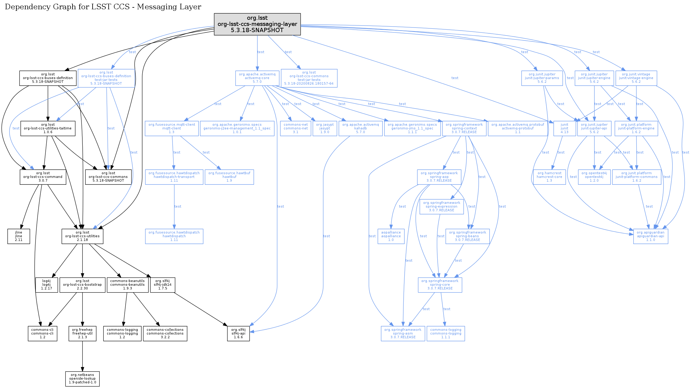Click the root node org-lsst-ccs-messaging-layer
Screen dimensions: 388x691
coord(257,24)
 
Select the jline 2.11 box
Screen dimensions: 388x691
coord(19,236)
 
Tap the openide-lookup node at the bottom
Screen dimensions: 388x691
coord(82,379)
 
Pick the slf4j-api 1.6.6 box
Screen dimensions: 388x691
coord(238,334)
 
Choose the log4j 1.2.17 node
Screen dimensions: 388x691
coord(46,285)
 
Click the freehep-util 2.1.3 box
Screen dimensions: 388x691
coord(82,334)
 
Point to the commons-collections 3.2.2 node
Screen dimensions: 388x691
coord(165,334)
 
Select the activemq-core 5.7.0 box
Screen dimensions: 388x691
coord(257,78)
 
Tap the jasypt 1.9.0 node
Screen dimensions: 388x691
coord(325,129)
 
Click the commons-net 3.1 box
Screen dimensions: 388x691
coord(295,129)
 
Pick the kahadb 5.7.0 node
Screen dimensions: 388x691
coord(360,129)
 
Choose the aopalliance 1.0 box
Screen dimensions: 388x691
coord(391,236)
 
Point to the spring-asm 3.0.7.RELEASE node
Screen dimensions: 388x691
coord(402,334)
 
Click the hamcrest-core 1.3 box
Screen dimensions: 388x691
coord(549,177)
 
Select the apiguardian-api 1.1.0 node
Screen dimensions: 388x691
coord(650,236)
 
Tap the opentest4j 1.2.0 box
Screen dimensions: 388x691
coord(594,177)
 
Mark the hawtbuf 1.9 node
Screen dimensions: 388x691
coord(229,177)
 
